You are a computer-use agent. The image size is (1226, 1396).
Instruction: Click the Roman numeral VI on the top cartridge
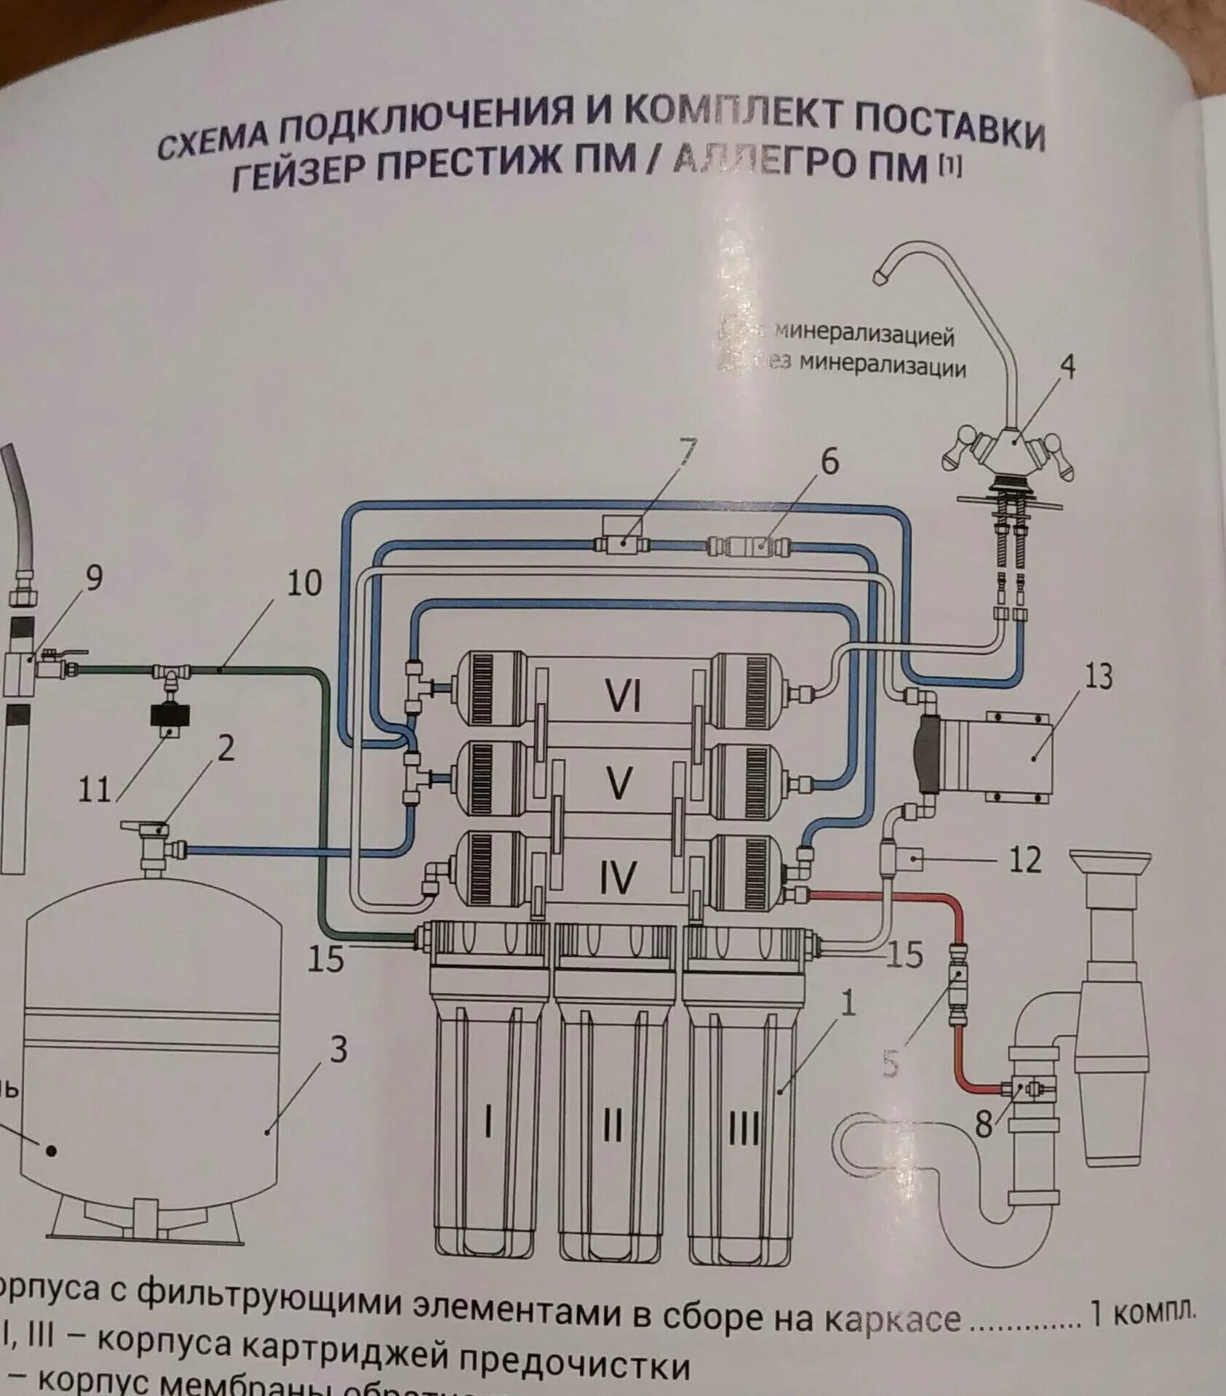click(624, 698)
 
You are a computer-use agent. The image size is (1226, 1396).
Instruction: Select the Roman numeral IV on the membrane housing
click(618, 876)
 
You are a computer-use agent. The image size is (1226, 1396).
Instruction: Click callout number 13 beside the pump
click(1099, 677)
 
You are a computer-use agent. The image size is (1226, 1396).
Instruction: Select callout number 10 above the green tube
click(304, 583)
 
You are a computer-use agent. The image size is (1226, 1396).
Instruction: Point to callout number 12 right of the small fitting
click(1026, 860)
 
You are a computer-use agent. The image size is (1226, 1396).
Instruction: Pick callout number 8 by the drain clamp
click(983, 1126)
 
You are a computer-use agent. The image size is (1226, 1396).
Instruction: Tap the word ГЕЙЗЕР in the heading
click(297, 171)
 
